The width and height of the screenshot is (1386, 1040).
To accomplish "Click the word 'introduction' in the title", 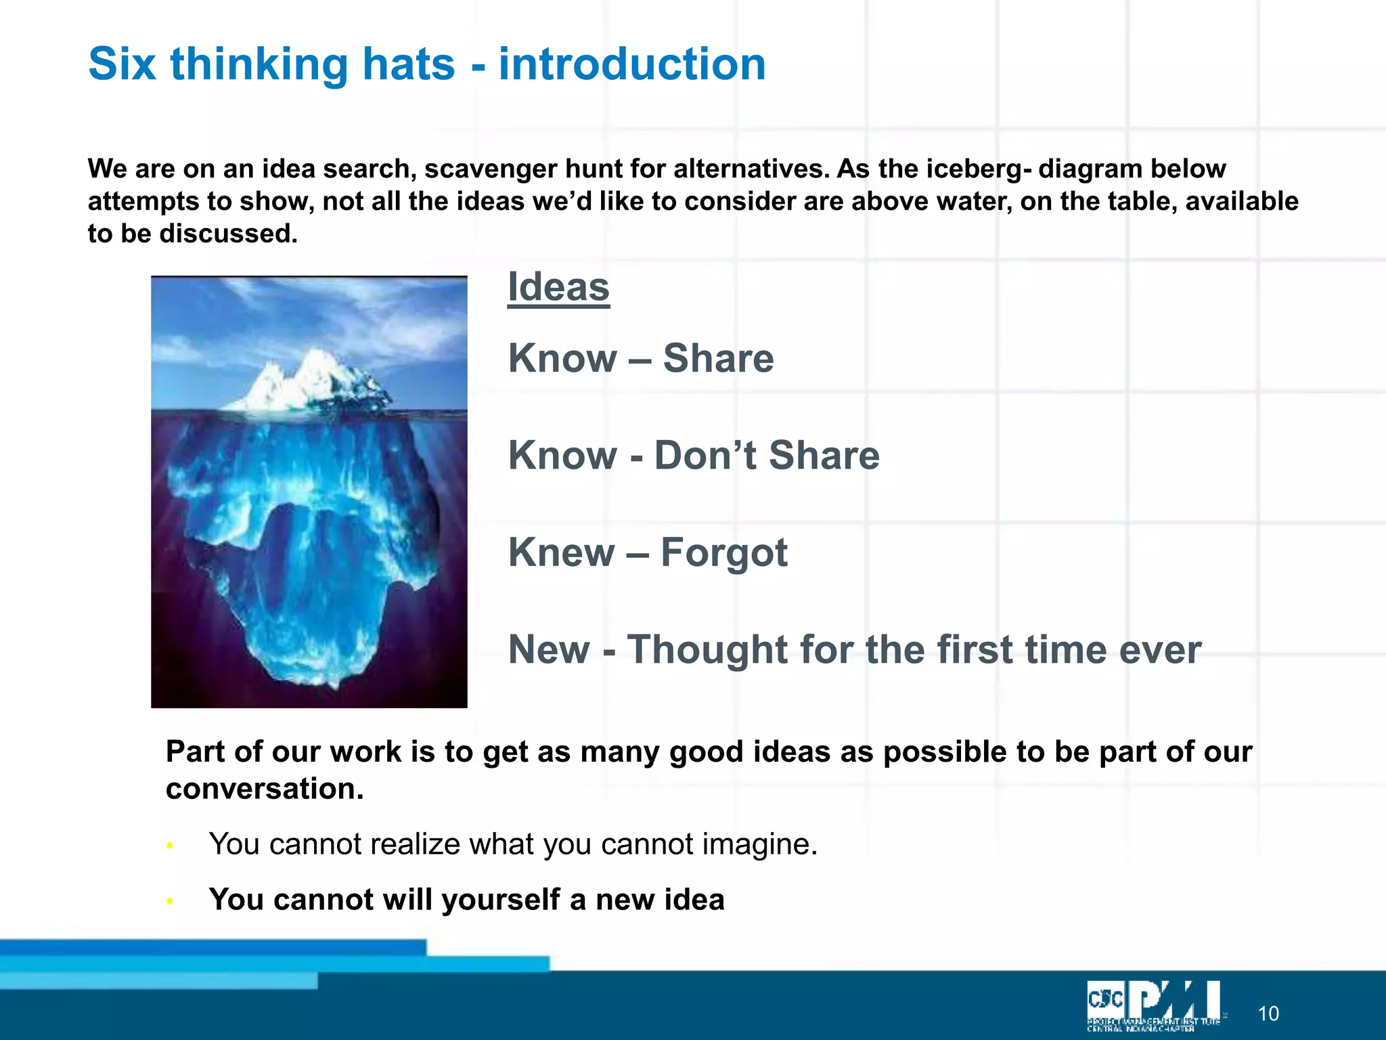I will (x=632, y=64).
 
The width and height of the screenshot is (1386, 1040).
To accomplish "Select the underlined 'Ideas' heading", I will (x=558, y=287).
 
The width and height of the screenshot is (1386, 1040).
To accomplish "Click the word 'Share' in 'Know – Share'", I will (x=718, y=358).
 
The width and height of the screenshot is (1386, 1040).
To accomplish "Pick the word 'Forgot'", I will (x=724, y=552).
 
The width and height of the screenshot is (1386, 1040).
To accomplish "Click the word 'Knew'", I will (x=561, y=552).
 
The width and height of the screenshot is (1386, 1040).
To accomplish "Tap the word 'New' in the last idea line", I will (x=549, y=650).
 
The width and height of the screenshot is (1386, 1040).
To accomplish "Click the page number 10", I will (x=1268, y=1014).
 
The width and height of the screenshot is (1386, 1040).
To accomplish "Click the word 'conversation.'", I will (x=265, y=789).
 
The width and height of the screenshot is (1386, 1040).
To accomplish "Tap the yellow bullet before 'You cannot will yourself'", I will (x=170, y=901).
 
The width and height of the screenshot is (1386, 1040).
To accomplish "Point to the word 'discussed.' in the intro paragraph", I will (x=228, y=234).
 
